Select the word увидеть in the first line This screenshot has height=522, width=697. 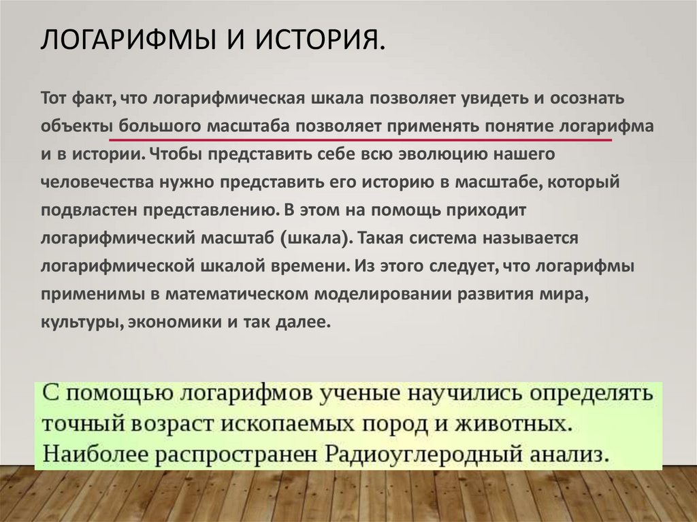(x=486, y=98)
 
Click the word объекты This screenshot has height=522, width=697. (x=76, y=127)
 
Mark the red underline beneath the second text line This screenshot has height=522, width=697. (x=368, y=140)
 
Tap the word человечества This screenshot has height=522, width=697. (x=97, y=183)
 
